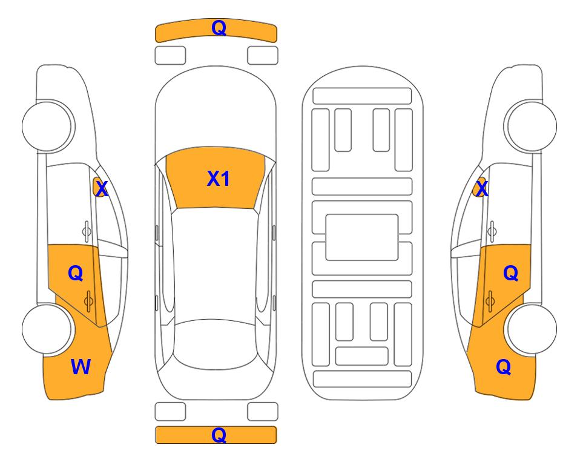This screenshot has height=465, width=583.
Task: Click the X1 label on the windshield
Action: pyautogui.click(x=219, y=179)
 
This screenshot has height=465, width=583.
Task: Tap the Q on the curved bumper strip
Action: pyautogui.click(x=219, y=28)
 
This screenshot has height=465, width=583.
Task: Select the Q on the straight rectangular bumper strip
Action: pyautogui.click(x=219, y=435)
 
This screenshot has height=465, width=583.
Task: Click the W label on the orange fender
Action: pyautogui.click(x=81, y=367)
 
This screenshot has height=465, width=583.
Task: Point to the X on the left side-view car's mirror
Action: pyautogui.click(x=102, y=189)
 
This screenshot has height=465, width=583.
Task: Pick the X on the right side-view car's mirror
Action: pyautogui.click(x=482, y=188)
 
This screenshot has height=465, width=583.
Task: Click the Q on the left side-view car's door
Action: pyautogui.click(x=75, y=274)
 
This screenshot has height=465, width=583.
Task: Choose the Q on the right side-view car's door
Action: pyautogui.click(x=510, y=274)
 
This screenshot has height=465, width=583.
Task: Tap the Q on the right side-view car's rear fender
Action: pyautogui.click(x=504, y=367)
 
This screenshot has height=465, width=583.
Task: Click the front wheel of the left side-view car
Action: pyautogui.click(x=47, y=127)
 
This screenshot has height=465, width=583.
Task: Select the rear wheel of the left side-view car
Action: pyautogui.click(x=47, y=329)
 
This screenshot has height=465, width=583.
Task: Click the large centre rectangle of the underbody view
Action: pyautogui.click(x=362, y=237)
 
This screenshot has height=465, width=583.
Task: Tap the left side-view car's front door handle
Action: pyautogui.click(x=86, y=231)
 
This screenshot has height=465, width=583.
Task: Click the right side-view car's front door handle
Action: pyautogui.click(x=492, y=231)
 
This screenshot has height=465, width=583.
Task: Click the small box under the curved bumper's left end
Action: pyautogui.click(x=170, y=56)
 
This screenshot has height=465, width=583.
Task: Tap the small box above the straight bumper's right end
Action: pyautogui.click(x=263, y=412)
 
